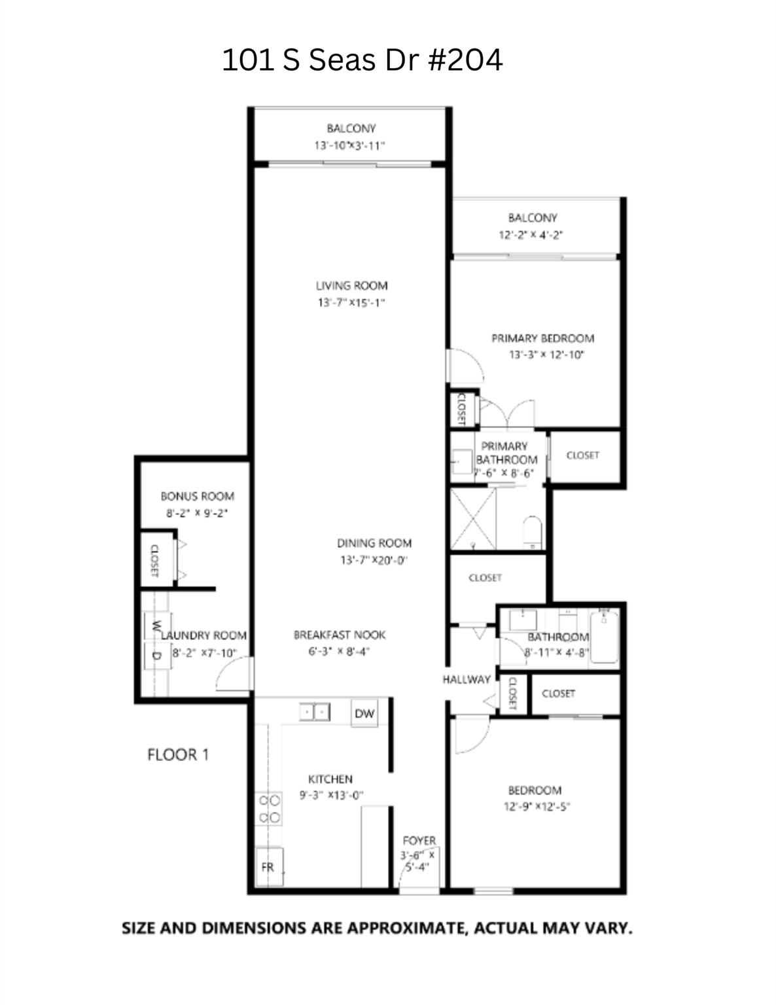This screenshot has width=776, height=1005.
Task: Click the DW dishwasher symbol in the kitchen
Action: [364, 714]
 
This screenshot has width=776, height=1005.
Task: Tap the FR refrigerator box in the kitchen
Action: [268, 867]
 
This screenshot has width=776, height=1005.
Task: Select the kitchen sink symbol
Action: [314, 711]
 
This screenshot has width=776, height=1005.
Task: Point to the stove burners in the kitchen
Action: [268, 809]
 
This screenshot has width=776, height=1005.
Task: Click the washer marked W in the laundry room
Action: [156, 626]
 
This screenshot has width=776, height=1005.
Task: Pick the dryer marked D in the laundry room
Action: [156, 655]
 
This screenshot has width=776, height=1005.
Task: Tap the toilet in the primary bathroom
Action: [533, 531]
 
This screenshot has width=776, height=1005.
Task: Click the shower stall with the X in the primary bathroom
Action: [473, 519]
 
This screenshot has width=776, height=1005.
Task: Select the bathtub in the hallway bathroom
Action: [603, 636]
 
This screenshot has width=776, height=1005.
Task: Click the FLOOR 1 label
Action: [178, 754]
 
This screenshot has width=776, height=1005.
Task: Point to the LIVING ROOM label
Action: [351, 285]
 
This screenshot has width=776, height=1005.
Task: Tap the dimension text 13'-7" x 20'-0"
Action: [374, 560]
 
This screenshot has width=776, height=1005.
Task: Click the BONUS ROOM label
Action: [197, 496]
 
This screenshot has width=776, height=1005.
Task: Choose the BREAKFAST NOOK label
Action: [339, 635]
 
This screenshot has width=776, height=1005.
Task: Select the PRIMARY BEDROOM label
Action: [542, 338]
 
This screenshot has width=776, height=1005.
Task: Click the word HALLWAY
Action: [466, 679]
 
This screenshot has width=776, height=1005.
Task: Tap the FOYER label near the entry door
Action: [419, 840]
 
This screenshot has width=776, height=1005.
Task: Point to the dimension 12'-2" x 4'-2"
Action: [531, 235]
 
